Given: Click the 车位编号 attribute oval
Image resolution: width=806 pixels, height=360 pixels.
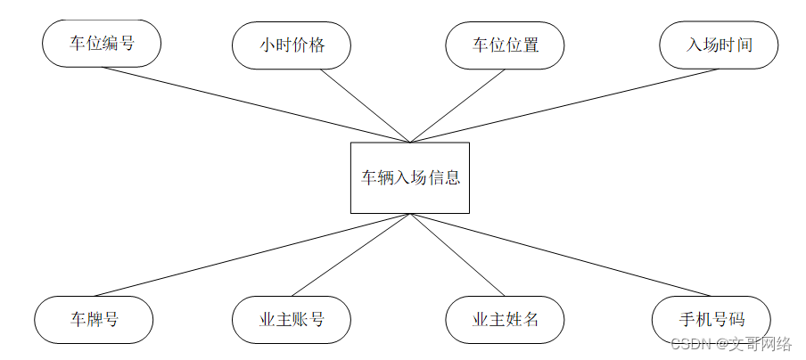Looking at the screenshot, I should point(102,43).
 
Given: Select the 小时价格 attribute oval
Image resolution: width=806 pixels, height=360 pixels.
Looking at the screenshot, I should point(292,45).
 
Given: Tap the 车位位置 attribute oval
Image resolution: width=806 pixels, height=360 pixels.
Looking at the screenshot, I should point(505,45).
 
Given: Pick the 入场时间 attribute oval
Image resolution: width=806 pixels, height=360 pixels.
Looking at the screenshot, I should point(719,45).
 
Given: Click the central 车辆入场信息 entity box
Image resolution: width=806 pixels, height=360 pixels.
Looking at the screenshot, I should point(410,177).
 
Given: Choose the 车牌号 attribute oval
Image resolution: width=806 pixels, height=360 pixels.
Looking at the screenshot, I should point(94,319).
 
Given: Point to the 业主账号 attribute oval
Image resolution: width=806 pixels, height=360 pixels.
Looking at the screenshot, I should point(292,319).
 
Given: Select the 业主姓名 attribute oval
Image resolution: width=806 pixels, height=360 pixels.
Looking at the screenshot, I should point(505,319).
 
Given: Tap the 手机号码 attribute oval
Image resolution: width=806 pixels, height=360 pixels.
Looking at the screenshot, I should point(711,319).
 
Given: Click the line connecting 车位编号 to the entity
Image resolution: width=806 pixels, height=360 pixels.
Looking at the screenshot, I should point(256,104).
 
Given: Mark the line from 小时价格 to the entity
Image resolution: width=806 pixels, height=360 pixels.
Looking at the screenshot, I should point(366,106).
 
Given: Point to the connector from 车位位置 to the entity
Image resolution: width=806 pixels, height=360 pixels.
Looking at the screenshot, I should point(457,106).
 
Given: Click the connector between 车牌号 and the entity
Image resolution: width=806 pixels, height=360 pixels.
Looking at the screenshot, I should point(252,255).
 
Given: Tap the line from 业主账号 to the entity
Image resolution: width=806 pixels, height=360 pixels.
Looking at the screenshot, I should point(350,255).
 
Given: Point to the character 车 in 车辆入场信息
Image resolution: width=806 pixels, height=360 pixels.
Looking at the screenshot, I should point(368,177).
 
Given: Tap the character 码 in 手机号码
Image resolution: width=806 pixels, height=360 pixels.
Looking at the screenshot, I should point(736,319).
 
